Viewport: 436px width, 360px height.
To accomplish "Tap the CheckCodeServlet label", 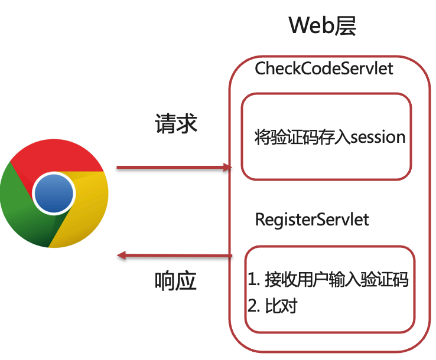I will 324,68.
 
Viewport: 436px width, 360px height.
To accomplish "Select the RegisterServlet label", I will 312,220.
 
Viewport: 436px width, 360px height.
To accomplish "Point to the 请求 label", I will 175,123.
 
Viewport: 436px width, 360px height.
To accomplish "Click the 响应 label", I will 175,281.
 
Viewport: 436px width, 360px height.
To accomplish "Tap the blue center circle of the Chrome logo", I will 54,193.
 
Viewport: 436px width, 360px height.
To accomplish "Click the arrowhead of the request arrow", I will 227,168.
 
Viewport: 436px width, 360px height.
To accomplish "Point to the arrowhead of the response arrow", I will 122,256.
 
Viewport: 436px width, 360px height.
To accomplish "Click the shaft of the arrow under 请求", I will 171,168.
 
